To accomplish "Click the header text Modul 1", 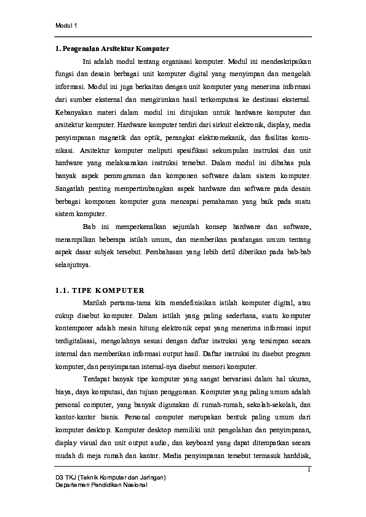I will [x=66, y=26].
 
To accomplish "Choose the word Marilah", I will [x=95, y=303].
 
